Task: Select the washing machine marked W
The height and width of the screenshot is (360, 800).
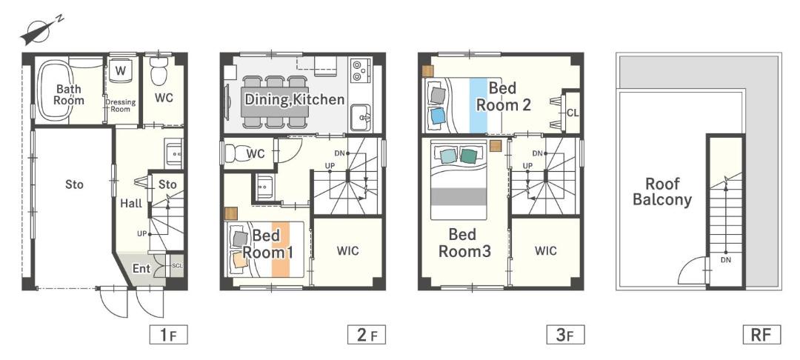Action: [120, 70]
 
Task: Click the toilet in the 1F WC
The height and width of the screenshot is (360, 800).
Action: [159, 70]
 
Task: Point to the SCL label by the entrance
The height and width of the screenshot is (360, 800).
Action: [176, 266]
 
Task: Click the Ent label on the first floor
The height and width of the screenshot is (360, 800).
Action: [141, 268]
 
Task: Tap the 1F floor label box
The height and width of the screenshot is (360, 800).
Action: [168, 335]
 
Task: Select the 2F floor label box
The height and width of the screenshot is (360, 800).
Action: [367, 335]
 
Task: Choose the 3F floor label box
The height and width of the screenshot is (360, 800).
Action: [564, 335]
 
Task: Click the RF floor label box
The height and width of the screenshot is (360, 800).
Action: [762, 335]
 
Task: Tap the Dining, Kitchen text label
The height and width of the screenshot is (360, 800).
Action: [294, 99]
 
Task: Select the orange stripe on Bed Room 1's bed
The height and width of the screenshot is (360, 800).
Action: [281, 249]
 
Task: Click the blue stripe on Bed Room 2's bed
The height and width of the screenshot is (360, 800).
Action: [478, 104]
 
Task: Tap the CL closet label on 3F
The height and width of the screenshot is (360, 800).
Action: [573, 113]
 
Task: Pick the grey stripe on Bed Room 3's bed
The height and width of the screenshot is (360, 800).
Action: [459, 196]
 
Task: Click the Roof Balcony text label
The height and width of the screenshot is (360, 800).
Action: [662, 191]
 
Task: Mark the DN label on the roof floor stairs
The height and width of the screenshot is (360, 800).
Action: [725, 260]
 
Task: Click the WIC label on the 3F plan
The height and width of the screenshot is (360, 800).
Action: [546, 251]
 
